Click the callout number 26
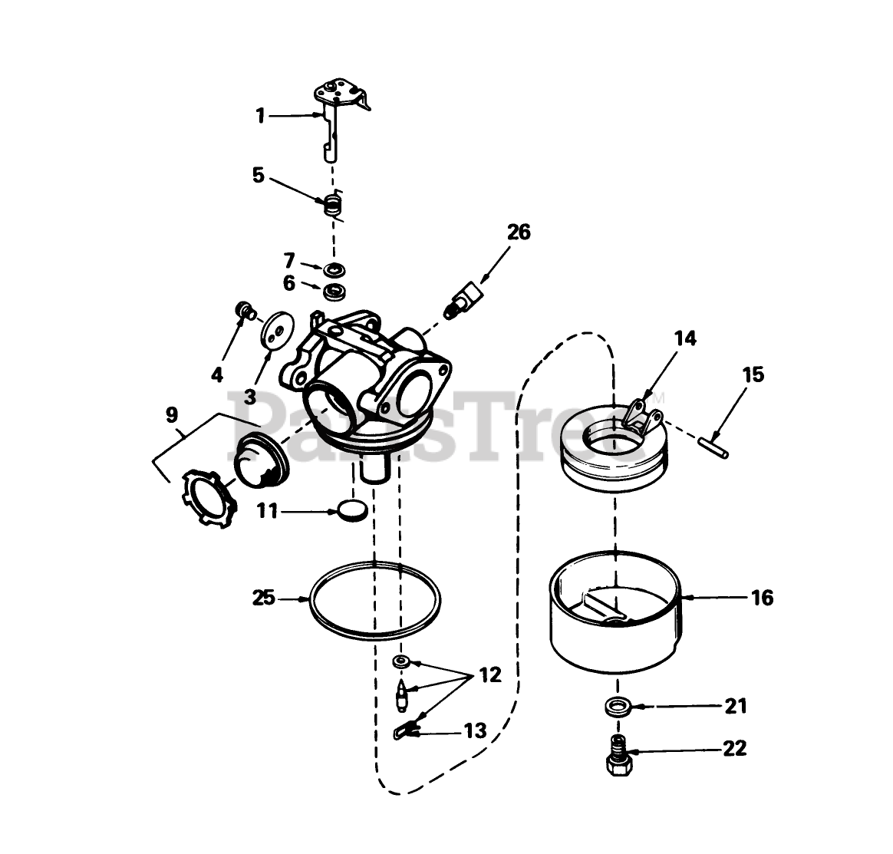pos(519,232)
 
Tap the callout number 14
pos(685,338)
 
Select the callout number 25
pos(264,598)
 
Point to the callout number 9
pos(172,415)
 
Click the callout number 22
pos(734,748)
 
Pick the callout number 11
pos(267,511)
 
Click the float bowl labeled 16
pos(615,611)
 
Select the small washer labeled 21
pos(618,707)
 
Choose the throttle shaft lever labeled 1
pos(340,120)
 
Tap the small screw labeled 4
pos(245,310)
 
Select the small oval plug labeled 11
pos(351,509)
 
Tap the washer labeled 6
pos(334,291)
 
